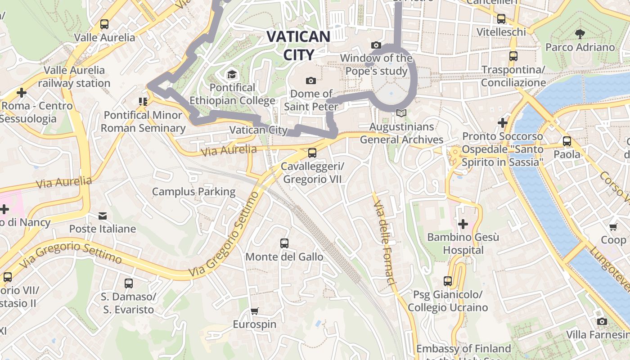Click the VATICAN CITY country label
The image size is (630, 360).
point(298,45)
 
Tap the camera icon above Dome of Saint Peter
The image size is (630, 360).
point(310,81)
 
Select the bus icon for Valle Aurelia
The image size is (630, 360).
point(104,24)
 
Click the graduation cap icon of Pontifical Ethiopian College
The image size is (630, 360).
point(232,74)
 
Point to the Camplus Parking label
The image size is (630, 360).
point(193,192)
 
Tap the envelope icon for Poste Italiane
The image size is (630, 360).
point(103,216)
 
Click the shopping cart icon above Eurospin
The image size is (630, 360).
point(254,311)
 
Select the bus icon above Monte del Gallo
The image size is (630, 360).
point(284,243)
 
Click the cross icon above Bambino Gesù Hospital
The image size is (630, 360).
point(463,224)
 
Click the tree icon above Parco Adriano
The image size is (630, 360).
point(580,33)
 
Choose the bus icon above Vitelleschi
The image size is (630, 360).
point(501,19)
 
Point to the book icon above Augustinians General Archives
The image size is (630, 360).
point(401,113)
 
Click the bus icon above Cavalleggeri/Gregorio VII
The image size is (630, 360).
point(312,153)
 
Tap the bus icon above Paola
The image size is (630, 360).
point(567,141)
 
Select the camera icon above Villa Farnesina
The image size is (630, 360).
point(602,321)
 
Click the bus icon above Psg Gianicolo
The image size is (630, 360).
point(447,281)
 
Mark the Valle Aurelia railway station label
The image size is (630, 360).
point(74,76)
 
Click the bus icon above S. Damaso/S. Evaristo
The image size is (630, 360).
point(129,283)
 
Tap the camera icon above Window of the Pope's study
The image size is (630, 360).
point(376,45)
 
